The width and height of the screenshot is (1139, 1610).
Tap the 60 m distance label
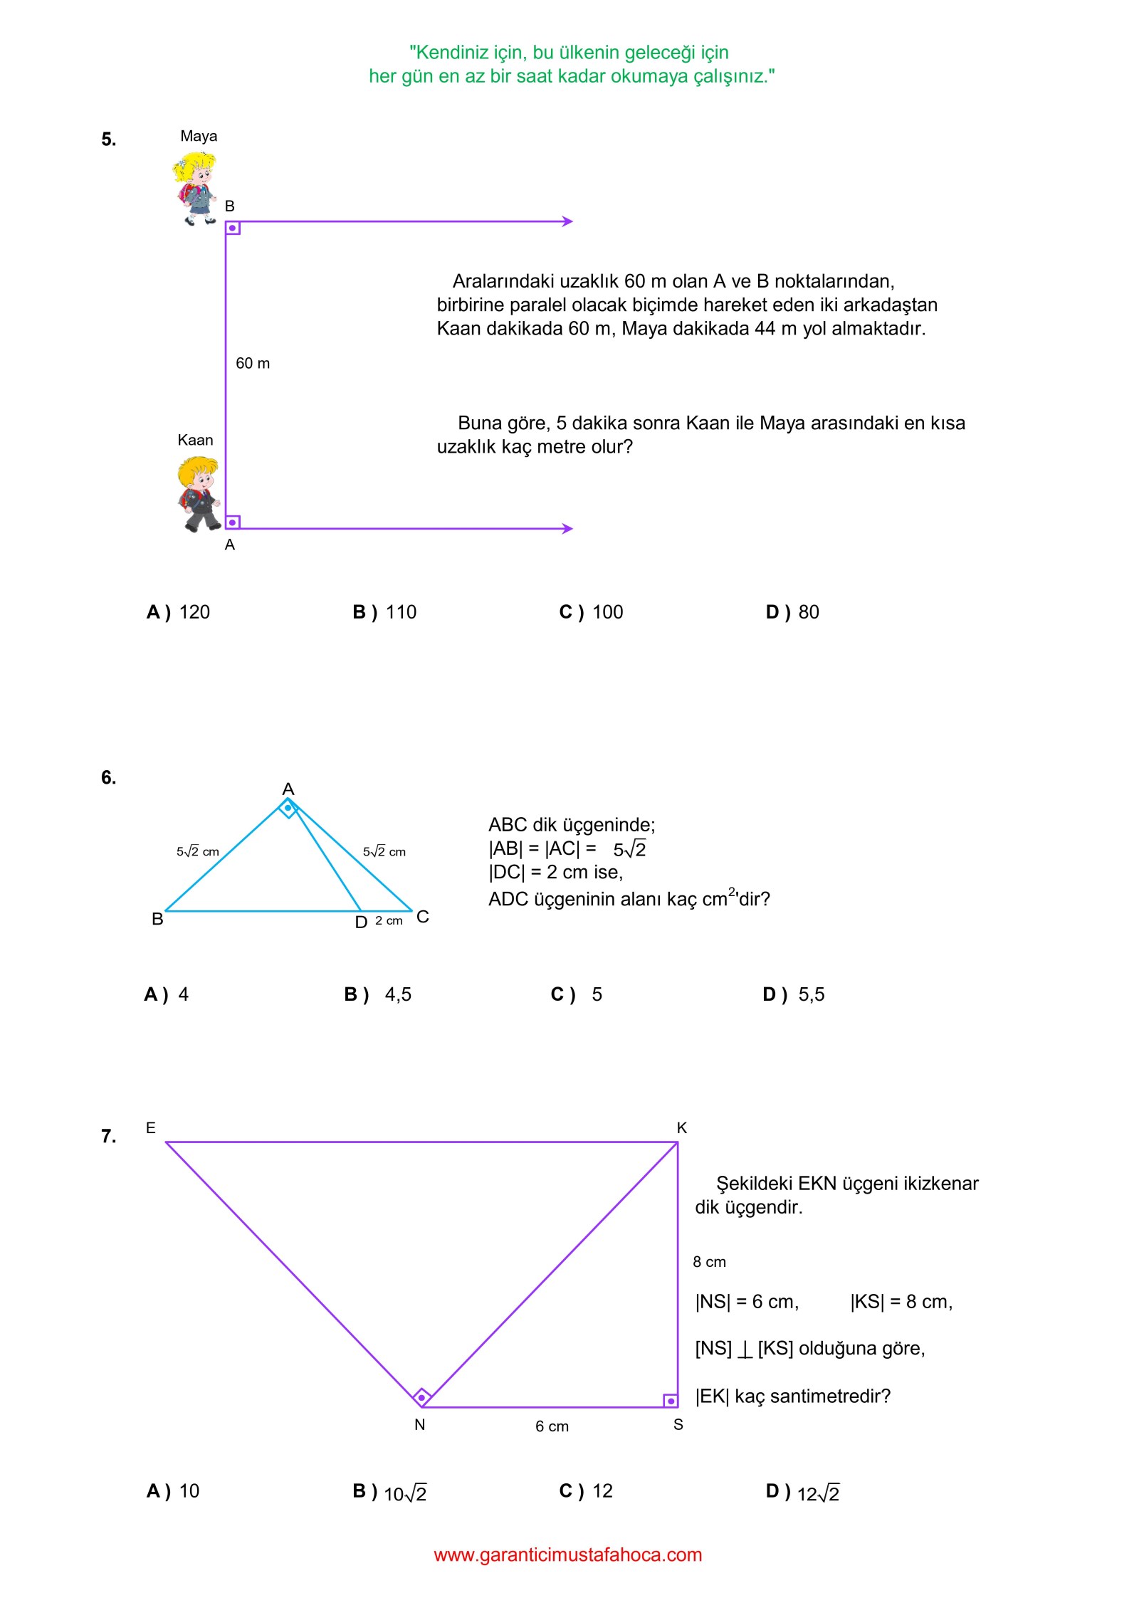(253, 364)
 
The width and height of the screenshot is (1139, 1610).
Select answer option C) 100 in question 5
(591, 612)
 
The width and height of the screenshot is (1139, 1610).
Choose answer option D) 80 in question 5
(792, 612)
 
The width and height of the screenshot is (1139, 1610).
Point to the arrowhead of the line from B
(567, 221)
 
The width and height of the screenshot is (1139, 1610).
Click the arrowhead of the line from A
(567, 529)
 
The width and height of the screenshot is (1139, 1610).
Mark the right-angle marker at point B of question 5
(233, 228)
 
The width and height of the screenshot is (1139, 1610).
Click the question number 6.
(108, 777)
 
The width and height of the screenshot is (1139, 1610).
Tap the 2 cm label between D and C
(389, 921)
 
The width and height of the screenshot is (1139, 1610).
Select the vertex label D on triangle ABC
(361, 922)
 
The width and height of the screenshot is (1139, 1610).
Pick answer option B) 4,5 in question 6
(378, 994)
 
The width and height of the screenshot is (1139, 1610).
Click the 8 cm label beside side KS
(709, 1263)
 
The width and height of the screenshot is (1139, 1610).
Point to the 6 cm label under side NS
(552, 1426)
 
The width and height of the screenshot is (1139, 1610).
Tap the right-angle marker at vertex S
(671, 1401)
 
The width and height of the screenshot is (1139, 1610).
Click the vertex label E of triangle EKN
(151, 1128)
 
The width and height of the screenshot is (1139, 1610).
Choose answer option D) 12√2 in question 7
(802, 1492)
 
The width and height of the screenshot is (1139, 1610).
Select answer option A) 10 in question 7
(173, 1491)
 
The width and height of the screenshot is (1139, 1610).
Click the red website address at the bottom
(568, 1555)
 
